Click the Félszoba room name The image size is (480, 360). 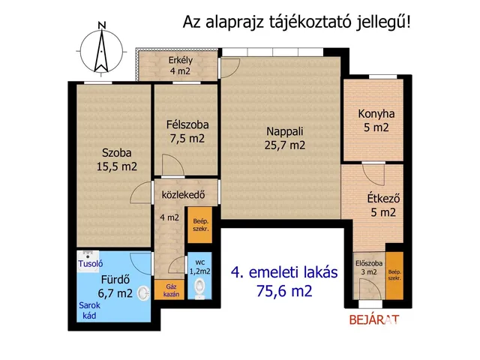[187, 124]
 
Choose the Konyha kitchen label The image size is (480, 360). [376, 114]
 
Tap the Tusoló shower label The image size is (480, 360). [91, 264]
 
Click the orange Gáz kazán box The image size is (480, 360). [169, 289]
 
